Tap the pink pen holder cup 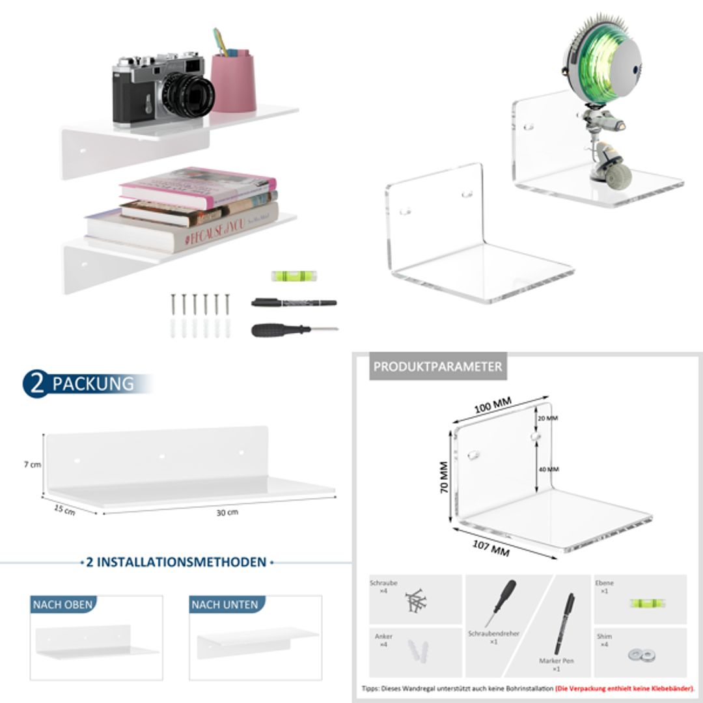(x=232, y=83)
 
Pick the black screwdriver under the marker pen (x=293, y=329)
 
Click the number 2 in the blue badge (x=38, y=384)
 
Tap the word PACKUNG (x=93, y=384)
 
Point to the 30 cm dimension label (x=227, y=512)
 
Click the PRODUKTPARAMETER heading (x=437, y=366)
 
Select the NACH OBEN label (x=63, y=605)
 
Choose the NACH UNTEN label (x=225, y=605)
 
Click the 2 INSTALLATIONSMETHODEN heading (x=176, y=562)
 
